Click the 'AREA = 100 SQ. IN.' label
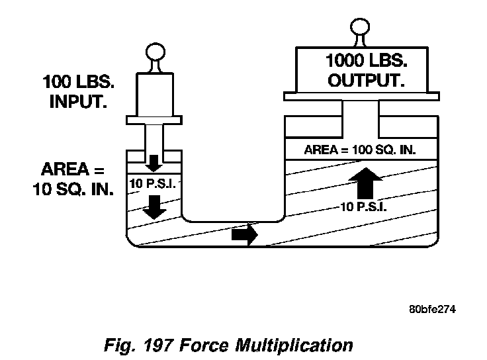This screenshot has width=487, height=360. [360, 150]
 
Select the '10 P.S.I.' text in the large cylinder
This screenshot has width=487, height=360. [363, 206]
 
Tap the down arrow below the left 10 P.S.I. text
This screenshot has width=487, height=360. [155, 206]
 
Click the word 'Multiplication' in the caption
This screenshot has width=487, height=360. [299, 345]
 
